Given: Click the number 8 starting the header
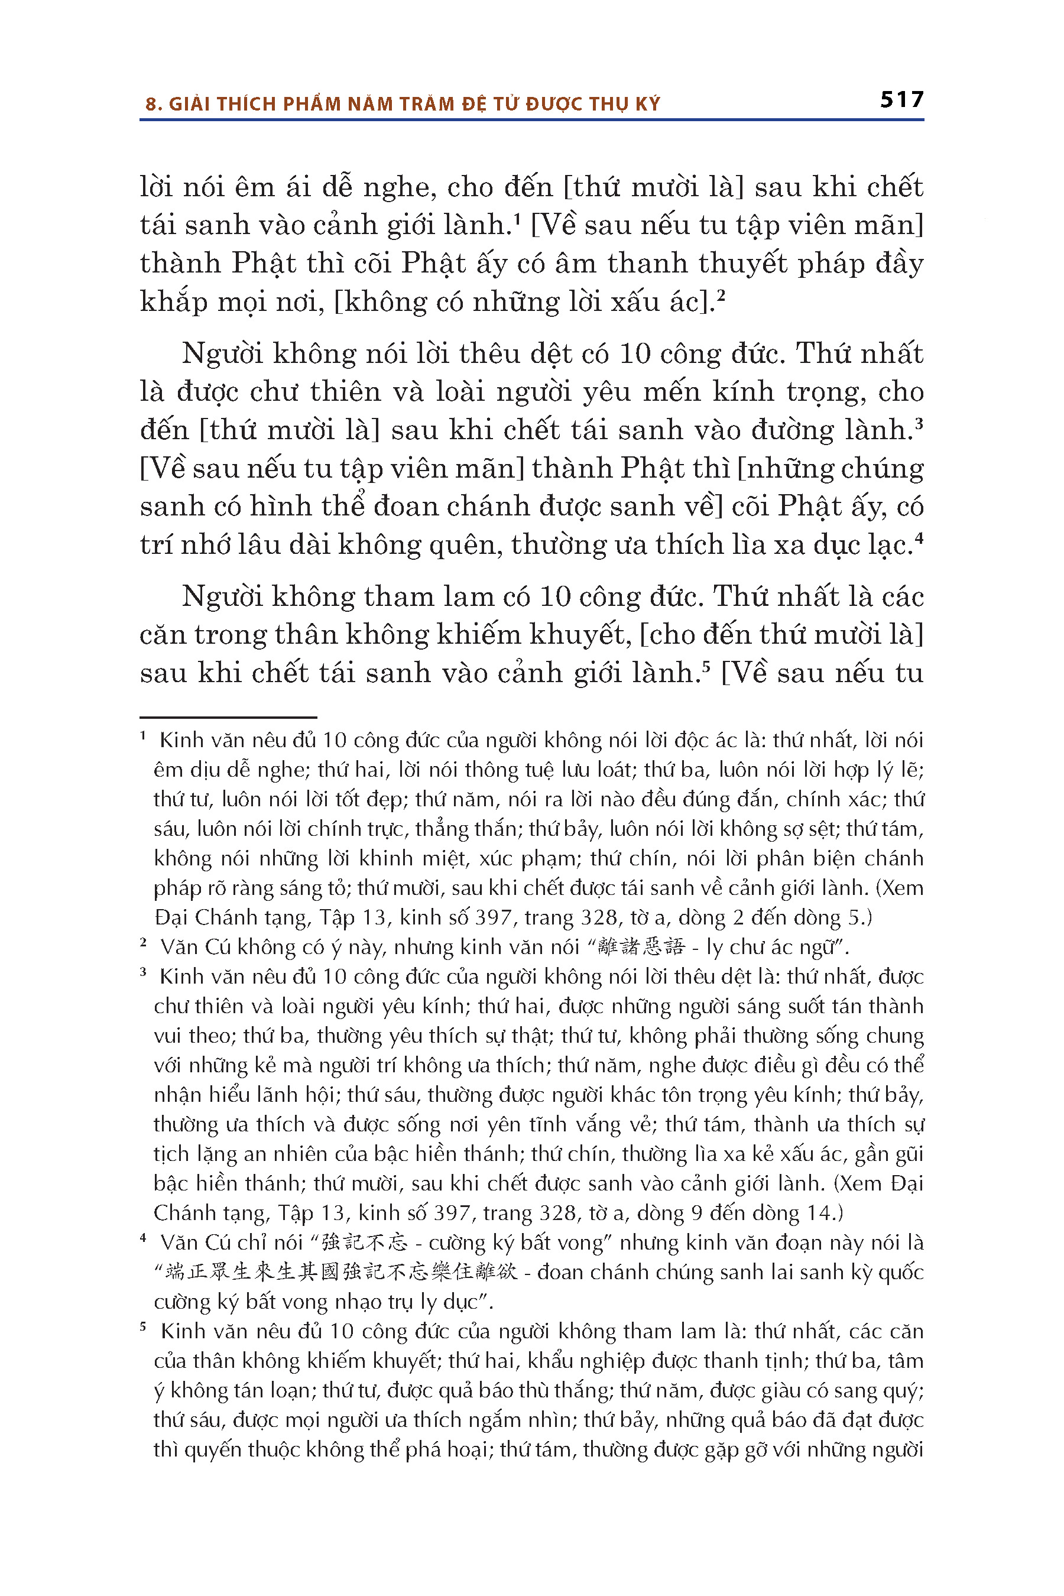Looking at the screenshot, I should tap(150, 105).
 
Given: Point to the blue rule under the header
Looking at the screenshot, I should tap(531, 120).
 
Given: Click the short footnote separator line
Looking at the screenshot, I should tap(228, 716).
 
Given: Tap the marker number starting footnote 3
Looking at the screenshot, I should tap(143, 972).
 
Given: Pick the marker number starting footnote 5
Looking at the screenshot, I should tap(143, 1326).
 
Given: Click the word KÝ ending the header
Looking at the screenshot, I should tap(647, 104).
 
